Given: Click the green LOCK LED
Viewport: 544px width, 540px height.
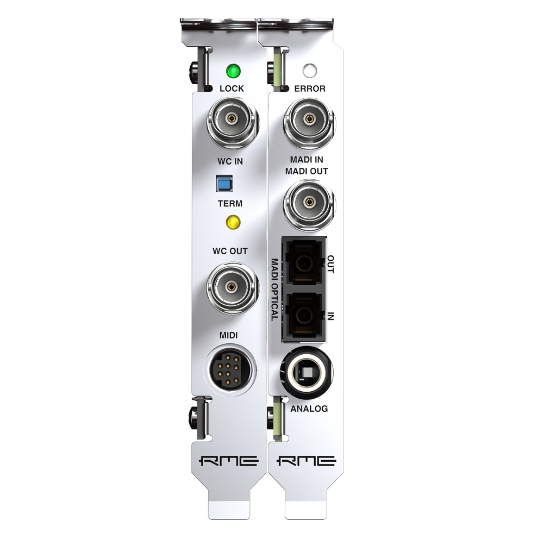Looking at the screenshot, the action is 233,71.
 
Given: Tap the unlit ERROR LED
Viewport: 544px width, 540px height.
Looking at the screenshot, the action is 309,71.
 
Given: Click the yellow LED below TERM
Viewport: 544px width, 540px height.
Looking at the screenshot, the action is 233,222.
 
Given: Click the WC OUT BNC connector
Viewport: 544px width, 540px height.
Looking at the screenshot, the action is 233,287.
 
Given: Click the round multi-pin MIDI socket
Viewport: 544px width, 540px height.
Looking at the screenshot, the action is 232,371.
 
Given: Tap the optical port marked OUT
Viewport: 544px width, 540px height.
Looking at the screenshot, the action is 304,265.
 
